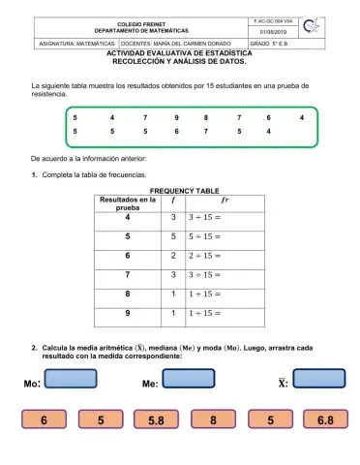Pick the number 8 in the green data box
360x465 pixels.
pos(206,116)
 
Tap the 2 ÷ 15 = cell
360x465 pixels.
pos(205,256)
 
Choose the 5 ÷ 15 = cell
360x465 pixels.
pos(205,236)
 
